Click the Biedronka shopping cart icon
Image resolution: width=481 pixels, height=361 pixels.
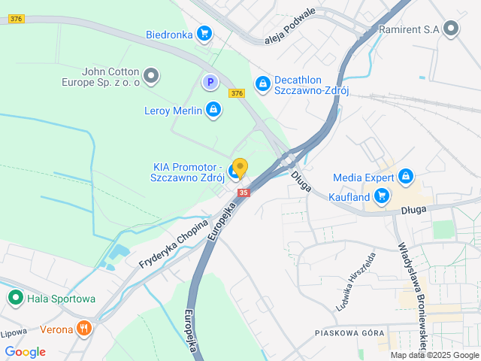pos(204,33)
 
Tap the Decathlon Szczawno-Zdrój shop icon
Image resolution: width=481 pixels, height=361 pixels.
pos(262,83)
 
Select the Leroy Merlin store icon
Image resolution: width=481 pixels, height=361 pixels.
pos(213,111)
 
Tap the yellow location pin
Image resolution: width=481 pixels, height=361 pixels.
pos(240,167)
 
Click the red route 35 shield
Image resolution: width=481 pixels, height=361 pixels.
pos(243,193)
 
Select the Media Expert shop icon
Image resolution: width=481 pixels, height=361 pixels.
pos(406,177)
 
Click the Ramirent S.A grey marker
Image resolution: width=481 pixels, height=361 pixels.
pos(451,29)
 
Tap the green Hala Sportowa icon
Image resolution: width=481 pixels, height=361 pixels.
pos(15,299)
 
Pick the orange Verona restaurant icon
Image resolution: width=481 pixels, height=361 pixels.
pos(84,329)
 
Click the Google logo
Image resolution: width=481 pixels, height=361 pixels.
pos(25,352)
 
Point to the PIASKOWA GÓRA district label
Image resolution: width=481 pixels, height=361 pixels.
pos(349,332)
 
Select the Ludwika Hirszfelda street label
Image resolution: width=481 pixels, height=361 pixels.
pos(357,281)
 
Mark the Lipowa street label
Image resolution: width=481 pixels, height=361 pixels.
pos(13,332)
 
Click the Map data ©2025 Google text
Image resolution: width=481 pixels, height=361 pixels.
pos(434,355)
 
